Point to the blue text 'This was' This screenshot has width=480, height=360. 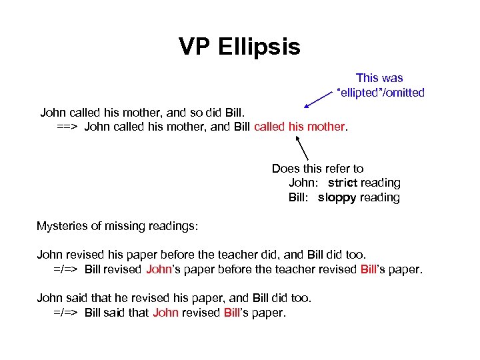click(x=379, y=78)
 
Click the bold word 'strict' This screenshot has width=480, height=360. click(x=343, y=183)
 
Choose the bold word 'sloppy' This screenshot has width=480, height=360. click(x=337, y=197)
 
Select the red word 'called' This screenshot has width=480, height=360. click(x=269, y=126)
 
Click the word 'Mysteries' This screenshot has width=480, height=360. click(x=62, y=226)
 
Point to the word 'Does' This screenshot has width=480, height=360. click(x=285, y=169)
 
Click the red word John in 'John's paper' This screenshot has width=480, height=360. click(x=158, y=269)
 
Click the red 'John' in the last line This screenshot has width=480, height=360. click(x=165, y=312)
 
